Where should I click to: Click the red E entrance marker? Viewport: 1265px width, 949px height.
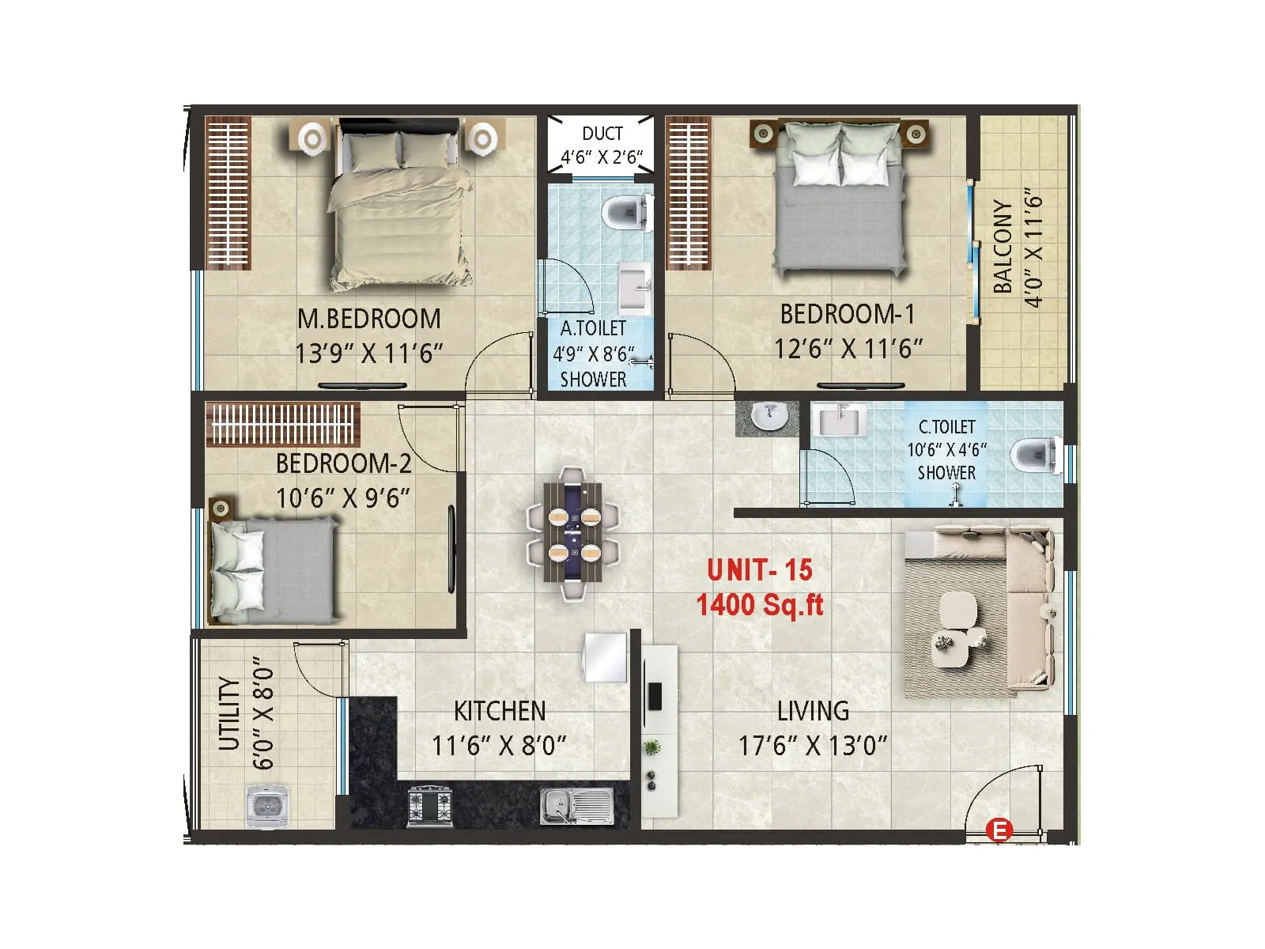pos(999,830)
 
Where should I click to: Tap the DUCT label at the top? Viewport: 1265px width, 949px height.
pos(602,134)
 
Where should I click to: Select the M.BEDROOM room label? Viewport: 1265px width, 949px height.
pos(368,319)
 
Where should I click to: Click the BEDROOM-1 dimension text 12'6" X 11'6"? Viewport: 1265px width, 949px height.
pos(848,348)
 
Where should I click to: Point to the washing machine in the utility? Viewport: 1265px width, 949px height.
pos(266,806)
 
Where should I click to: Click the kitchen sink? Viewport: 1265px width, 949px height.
pos(576,805)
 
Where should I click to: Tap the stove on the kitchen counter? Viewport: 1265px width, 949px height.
pos(429,805)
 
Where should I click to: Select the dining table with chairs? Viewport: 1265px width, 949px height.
pos(573,534)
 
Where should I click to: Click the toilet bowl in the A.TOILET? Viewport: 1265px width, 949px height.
pos(625,212)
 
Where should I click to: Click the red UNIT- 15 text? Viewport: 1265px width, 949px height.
pos(759,569)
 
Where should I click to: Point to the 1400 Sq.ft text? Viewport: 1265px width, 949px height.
pos(759,605)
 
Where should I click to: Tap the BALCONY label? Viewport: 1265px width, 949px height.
pos(1003,246)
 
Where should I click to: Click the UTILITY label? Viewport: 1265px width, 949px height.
pos(229,713)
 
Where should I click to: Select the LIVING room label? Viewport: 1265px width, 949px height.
pos(813,711)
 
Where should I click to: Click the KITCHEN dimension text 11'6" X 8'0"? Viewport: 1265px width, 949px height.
pos(499,745)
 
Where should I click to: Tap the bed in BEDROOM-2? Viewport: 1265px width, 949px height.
pos(273,569)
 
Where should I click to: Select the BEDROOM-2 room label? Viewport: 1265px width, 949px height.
pos(343,463)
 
